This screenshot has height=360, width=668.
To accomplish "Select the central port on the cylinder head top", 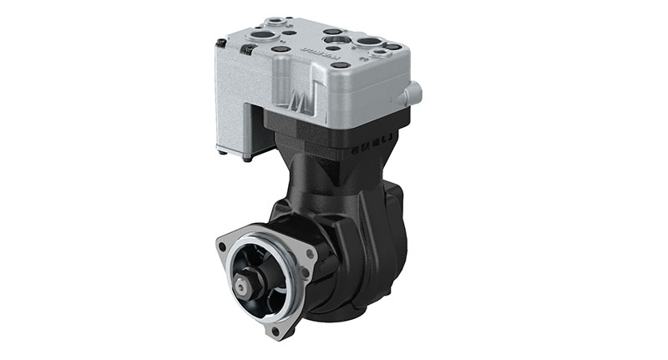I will pyautogui.click(x=334, y=38).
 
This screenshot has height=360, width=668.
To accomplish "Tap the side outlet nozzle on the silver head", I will pyautogui.click(x=410, y=94).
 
